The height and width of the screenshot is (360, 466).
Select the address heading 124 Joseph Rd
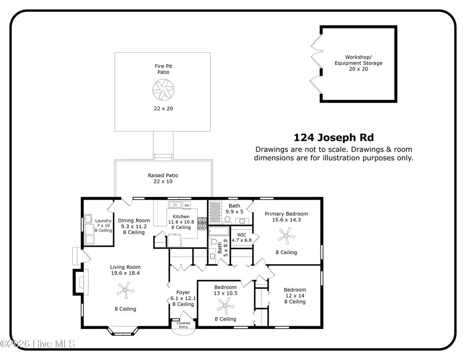click(x=333, y=138)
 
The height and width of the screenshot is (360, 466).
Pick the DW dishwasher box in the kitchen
click(x=186, y=205)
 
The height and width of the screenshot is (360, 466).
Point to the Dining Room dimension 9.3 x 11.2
click(x=130, y=226)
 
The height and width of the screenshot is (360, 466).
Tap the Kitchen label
click(x=181, y=217)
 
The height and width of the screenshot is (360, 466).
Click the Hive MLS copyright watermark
click(x=38, y=344)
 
